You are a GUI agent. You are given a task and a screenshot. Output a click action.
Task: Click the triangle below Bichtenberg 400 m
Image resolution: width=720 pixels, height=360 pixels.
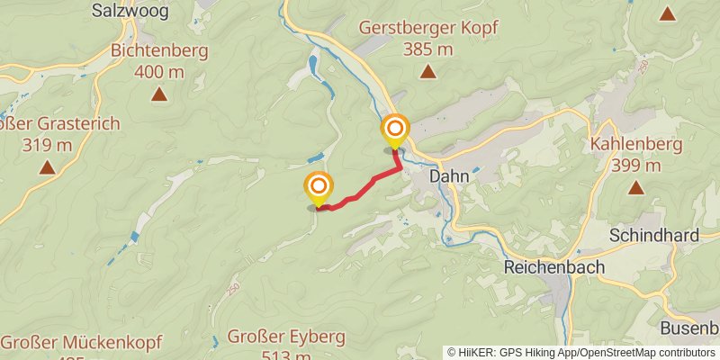tap(158, 93)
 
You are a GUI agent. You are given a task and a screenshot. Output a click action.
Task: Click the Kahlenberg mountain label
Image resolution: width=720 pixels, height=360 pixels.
tap(636, 144)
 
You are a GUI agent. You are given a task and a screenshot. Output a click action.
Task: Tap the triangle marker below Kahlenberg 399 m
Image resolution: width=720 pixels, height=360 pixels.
tap(636, 187)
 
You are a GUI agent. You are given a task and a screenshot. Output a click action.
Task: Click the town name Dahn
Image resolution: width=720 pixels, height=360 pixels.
tap(448, 176)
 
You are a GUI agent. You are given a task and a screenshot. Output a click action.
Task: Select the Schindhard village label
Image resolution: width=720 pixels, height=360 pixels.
tap(653, 236)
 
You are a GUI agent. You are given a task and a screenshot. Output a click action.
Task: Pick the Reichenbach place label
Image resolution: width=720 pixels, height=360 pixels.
tap(553, 267)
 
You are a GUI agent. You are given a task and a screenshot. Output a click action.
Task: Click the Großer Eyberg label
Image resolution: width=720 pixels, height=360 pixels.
tap(286, 337)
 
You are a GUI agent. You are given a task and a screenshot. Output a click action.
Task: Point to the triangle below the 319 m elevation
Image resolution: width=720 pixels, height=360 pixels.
tap(46, 166)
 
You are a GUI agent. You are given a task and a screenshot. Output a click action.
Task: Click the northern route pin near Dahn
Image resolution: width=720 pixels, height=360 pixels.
tap(394, 130)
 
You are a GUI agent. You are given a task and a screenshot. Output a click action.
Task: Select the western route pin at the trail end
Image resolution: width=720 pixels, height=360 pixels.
tap(318, 188)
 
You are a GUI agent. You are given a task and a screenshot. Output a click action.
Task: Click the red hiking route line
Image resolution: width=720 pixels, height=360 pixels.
tap(360, 189)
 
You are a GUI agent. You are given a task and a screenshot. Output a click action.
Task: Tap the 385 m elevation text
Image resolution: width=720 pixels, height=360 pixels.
tap(428, 49)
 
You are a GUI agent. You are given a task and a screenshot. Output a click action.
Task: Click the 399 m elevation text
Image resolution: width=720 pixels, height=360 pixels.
tap(636, 166)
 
